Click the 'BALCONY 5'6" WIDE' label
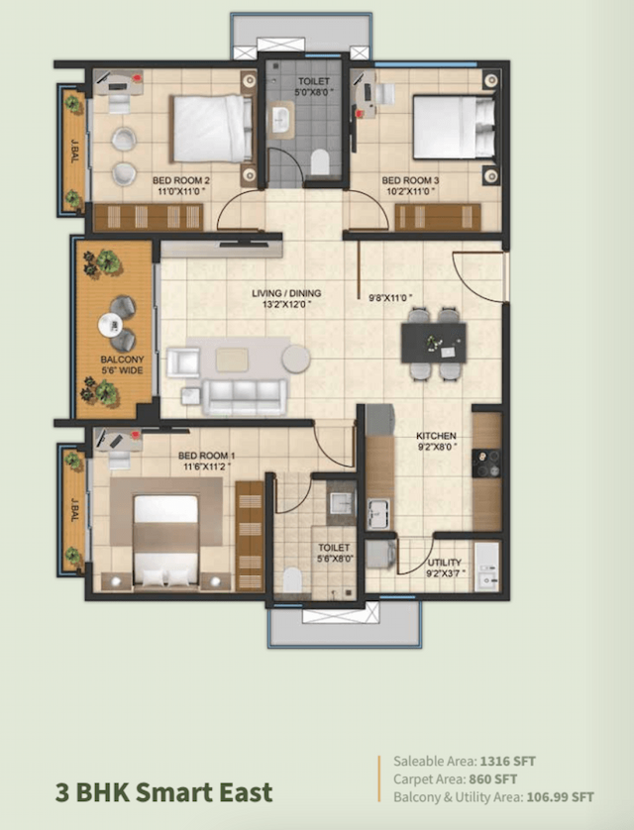click(x=121, y=365)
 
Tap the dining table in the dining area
click(x=434, y=343)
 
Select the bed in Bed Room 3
click(x=452, y=126)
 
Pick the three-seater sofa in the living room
click(x=245, y=396)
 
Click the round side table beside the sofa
click(x=295, y=358)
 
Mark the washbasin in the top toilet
click(x=281, y=121)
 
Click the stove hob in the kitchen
click(x=486, y=464)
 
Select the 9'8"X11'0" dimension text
click(x=389, y=297)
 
